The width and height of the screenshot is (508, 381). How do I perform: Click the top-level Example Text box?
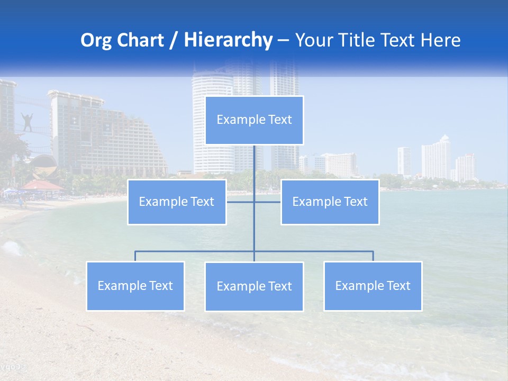click(x=254, y=120)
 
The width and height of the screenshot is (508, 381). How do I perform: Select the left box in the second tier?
click(x=177, y=202)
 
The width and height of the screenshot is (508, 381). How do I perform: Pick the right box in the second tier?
click(x=330, y=202)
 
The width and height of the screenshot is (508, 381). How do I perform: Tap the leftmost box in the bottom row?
click(x=135, y=286)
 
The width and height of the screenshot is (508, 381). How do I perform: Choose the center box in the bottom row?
click(x=254, y=286)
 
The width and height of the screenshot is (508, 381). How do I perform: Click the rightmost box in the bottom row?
click(x=373, y=286)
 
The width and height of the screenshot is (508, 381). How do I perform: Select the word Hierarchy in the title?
click(x=228, y=40)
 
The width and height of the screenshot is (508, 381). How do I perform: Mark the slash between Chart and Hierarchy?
click(x=174, y=40)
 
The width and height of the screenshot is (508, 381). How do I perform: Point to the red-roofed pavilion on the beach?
click(x=41, y=185)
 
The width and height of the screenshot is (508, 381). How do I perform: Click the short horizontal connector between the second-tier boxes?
click(x=253, y=202)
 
